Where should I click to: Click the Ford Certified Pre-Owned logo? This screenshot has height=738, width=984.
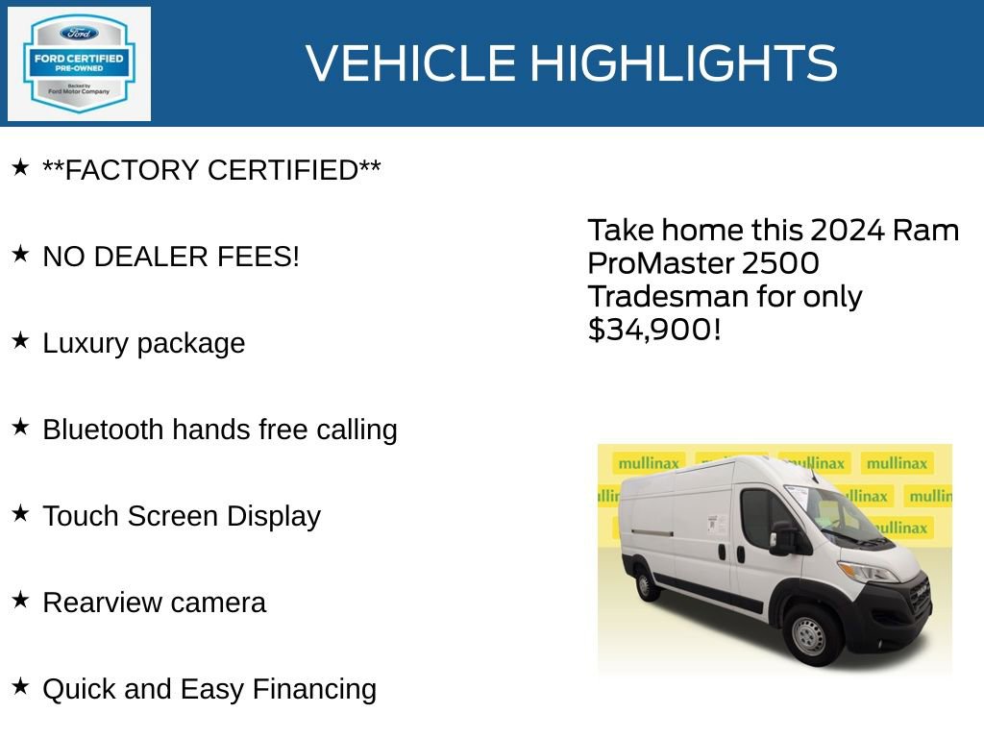79,63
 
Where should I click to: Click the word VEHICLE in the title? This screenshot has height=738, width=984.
411,63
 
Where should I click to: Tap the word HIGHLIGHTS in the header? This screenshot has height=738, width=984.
683,63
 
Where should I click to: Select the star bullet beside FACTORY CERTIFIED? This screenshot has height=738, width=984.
20,168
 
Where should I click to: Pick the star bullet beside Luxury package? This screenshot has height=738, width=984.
20,341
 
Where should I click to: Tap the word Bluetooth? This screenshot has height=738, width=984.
103,430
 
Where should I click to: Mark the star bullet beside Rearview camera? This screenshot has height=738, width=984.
20,601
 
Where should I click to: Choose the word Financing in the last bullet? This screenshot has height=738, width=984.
314,689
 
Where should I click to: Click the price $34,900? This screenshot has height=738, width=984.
653,330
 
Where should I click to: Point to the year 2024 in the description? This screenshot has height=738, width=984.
848,231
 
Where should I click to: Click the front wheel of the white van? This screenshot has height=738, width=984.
808,635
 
